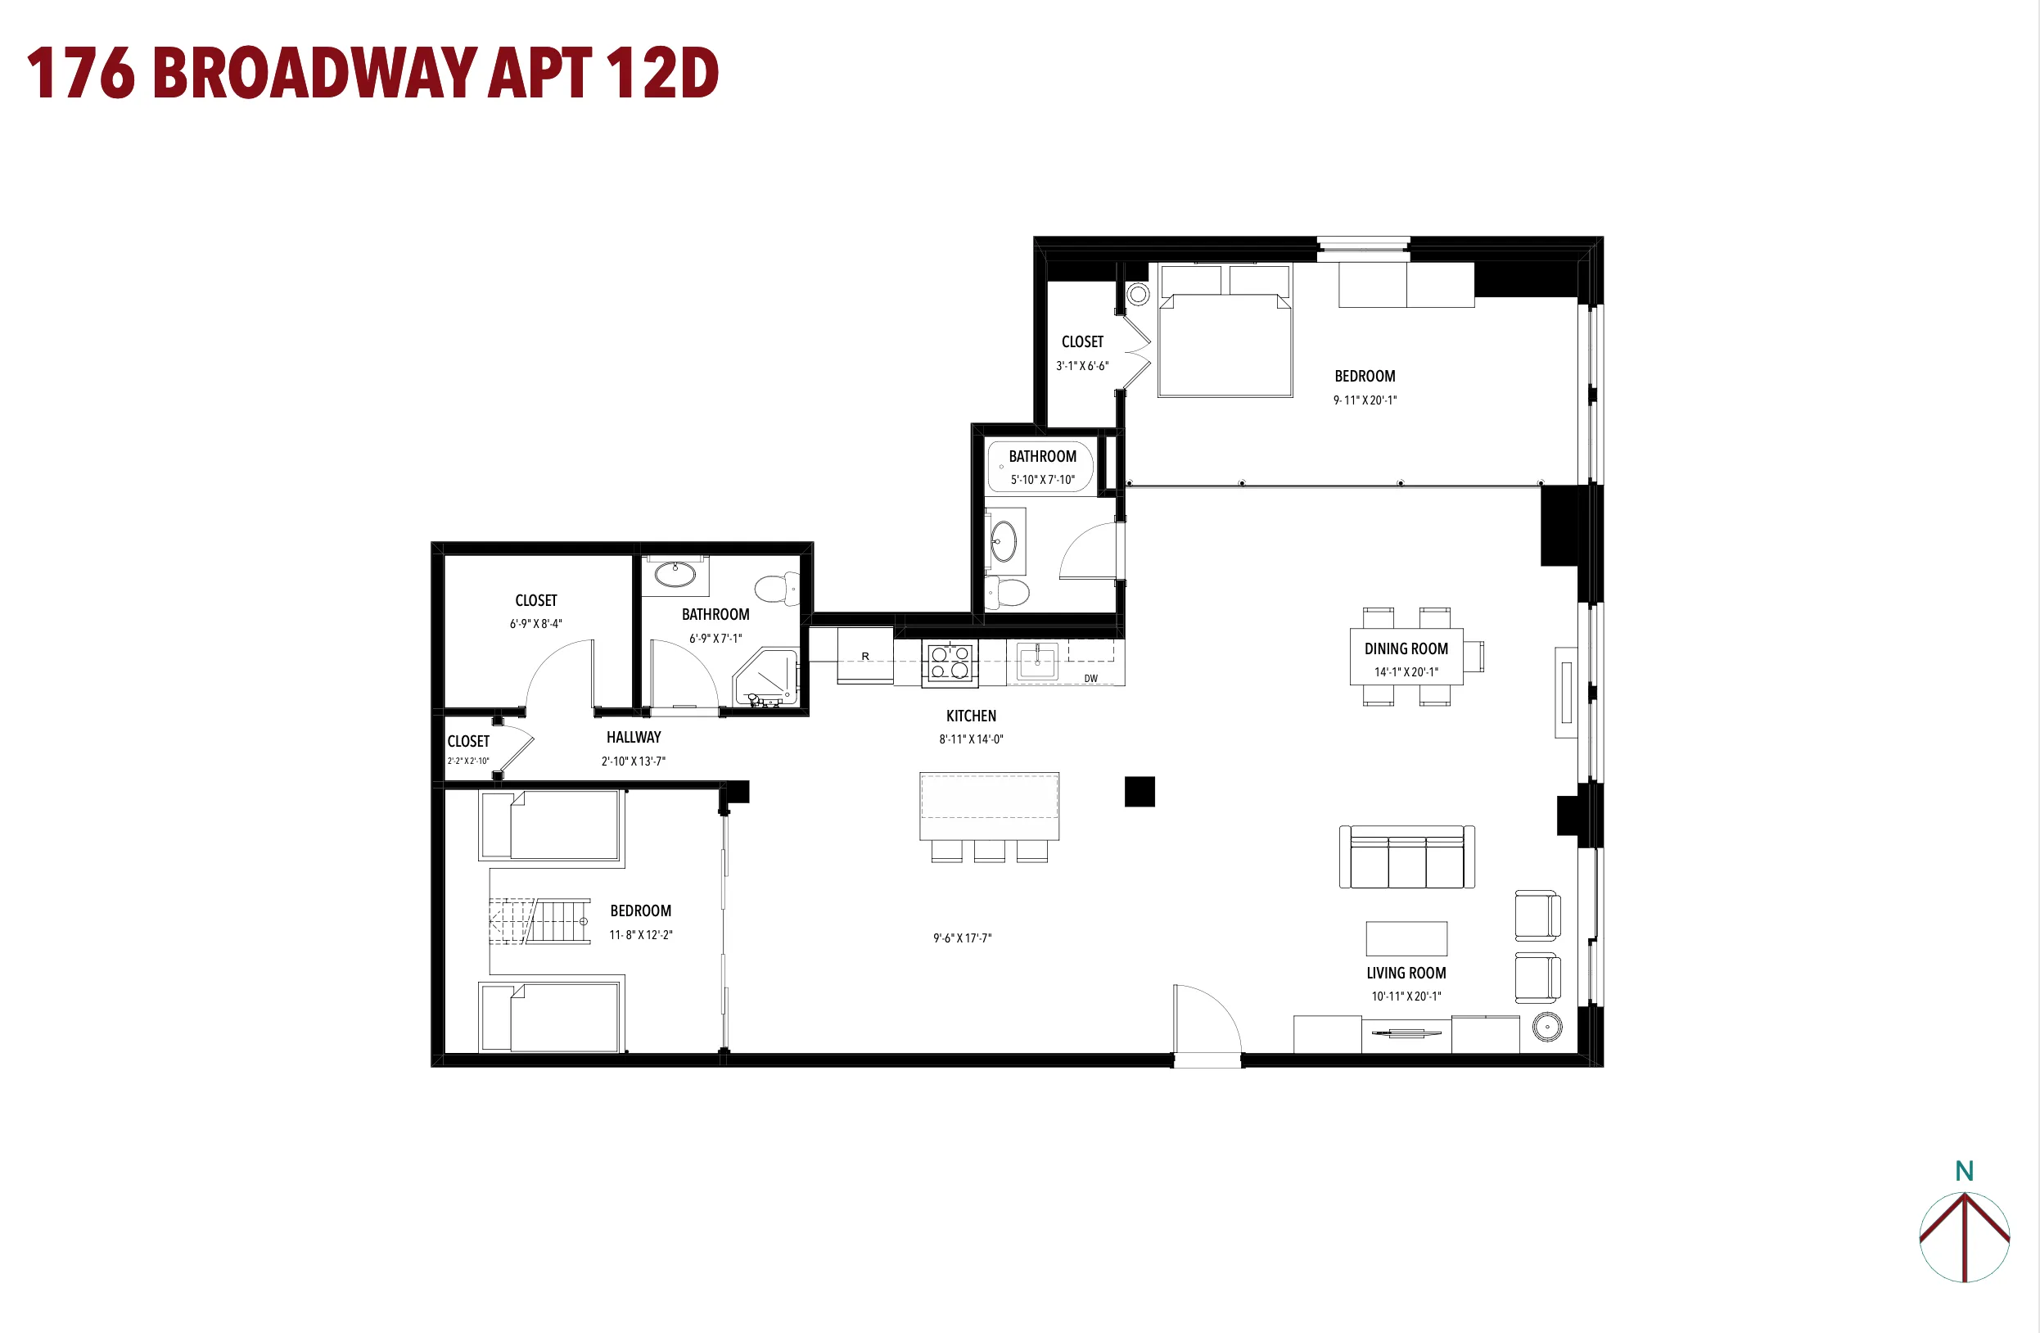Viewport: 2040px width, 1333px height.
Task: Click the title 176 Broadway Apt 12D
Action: (372, 73)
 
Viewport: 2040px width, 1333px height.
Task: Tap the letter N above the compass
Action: (1964, 1171)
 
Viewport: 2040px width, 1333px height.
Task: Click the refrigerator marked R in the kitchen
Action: (864, 657)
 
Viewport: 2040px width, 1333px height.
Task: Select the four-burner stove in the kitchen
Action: (950, 662)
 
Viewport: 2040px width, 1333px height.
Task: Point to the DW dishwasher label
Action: (1090, 678)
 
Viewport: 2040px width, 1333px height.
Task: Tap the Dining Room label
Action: (1406, 649)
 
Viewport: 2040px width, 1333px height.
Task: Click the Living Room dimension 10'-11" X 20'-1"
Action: (1406, 996)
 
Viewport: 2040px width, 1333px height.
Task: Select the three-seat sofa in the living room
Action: (1406, 858)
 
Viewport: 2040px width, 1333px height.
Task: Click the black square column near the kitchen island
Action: (1140, 791)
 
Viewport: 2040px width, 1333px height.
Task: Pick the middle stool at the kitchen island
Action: (989, 851)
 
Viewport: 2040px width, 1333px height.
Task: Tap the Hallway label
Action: (634, 737)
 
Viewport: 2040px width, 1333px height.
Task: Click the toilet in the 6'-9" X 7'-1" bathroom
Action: (777, 589)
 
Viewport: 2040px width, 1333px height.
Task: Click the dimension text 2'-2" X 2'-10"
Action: (468, 761)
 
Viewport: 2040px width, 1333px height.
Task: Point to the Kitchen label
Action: (970, 716)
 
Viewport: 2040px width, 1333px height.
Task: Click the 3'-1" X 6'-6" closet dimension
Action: (1081, 366)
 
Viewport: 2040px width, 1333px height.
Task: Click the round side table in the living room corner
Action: (1546, 1026)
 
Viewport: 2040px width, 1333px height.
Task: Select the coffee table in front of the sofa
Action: (1406, 938)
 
